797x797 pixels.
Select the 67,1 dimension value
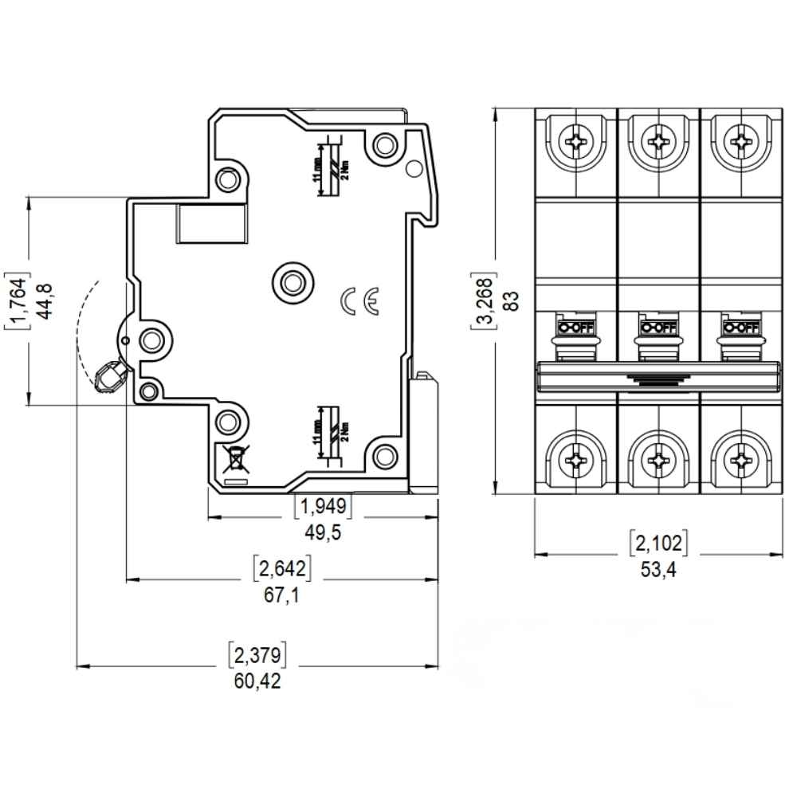pyautogui.click(x=281, y=596)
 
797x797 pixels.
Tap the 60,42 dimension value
pyautogui.click(x=257, y=682)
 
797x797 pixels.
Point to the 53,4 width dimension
pyautogui.click(x=659, y=570)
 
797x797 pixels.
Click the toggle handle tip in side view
pyautogui.click(x=108, y=377)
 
